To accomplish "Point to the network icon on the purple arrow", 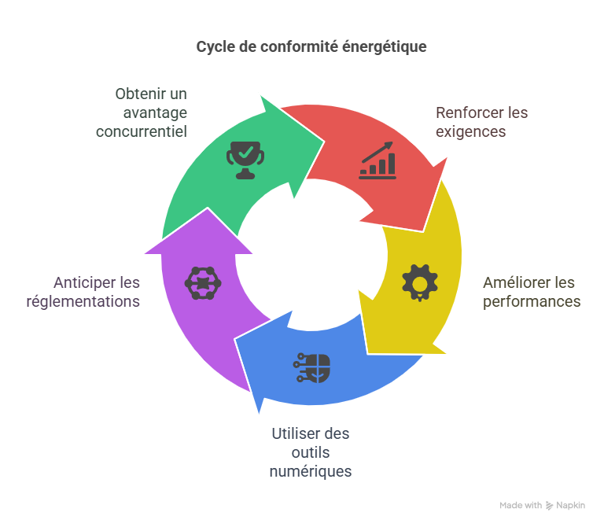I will pyautogui.click(x=203, y=282).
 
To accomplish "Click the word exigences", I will pyautogui.click(x=470, y=131).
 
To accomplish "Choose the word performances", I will pyautogui.click(x=532, y=301).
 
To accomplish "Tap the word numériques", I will pyautogui.click(x=311, y=471).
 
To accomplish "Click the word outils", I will pyautogui.click(x=311, y=452).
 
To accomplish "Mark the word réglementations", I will pyautogui.click(x=83, y=300).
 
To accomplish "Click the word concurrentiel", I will pyautogui.click(x=142, y=131).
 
